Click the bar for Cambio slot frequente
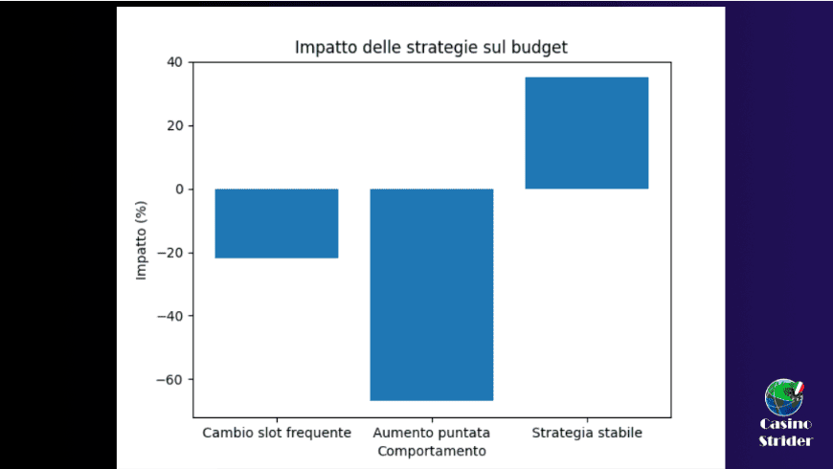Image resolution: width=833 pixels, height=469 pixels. pyautogui.click(x=277, y=223)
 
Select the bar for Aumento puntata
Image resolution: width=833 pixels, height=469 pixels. pyautogui.click(x=432, y=294)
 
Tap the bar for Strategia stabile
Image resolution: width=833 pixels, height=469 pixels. pyautogui.click(x=587, y=133)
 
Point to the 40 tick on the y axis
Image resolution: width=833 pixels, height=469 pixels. pyautogui.click(x=174, y=62)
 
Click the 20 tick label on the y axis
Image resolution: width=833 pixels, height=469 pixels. pyautogui.click(x=174, y=125)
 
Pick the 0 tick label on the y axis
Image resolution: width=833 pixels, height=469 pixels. pyautogui.click(x=178, y=190)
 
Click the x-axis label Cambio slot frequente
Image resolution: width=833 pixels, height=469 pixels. pyautogui.click(x=277, y=433)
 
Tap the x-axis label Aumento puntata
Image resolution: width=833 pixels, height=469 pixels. pyautogui.click(x=432, y=433)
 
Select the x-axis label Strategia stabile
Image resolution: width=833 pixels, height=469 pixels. pyautogui.click(x=587, y=433)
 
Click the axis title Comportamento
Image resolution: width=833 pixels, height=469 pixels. pyautogui.click(x=432, y=451)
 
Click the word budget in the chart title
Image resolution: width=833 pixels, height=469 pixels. pyautogui.click(x=542, y=47)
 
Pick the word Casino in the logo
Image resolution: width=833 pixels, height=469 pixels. pyautogui.click(x=786, y=424)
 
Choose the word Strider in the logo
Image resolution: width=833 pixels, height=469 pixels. pyautogui.click(x=786, y=440)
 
